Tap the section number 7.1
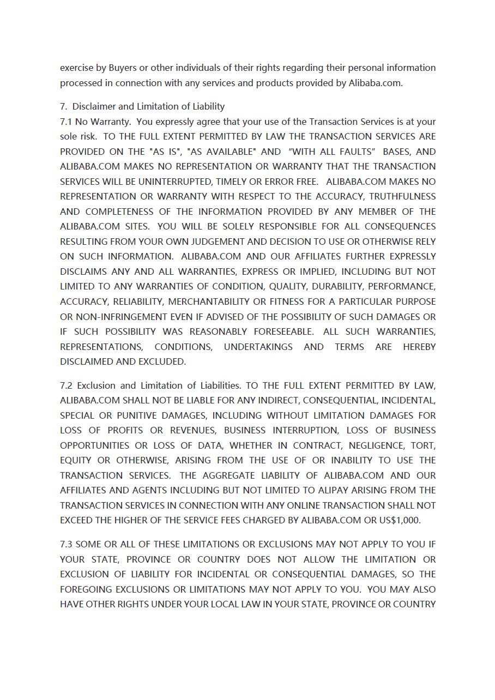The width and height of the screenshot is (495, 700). point(66,122)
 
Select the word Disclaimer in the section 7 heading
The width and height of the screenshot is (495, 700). point(94,107)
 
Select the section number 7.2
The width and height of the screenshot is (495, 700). point(66,386)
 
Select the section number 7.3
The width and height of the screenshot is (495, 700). point(66,545)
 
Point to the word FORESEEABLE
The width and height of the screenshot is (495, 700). point(283,331)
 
